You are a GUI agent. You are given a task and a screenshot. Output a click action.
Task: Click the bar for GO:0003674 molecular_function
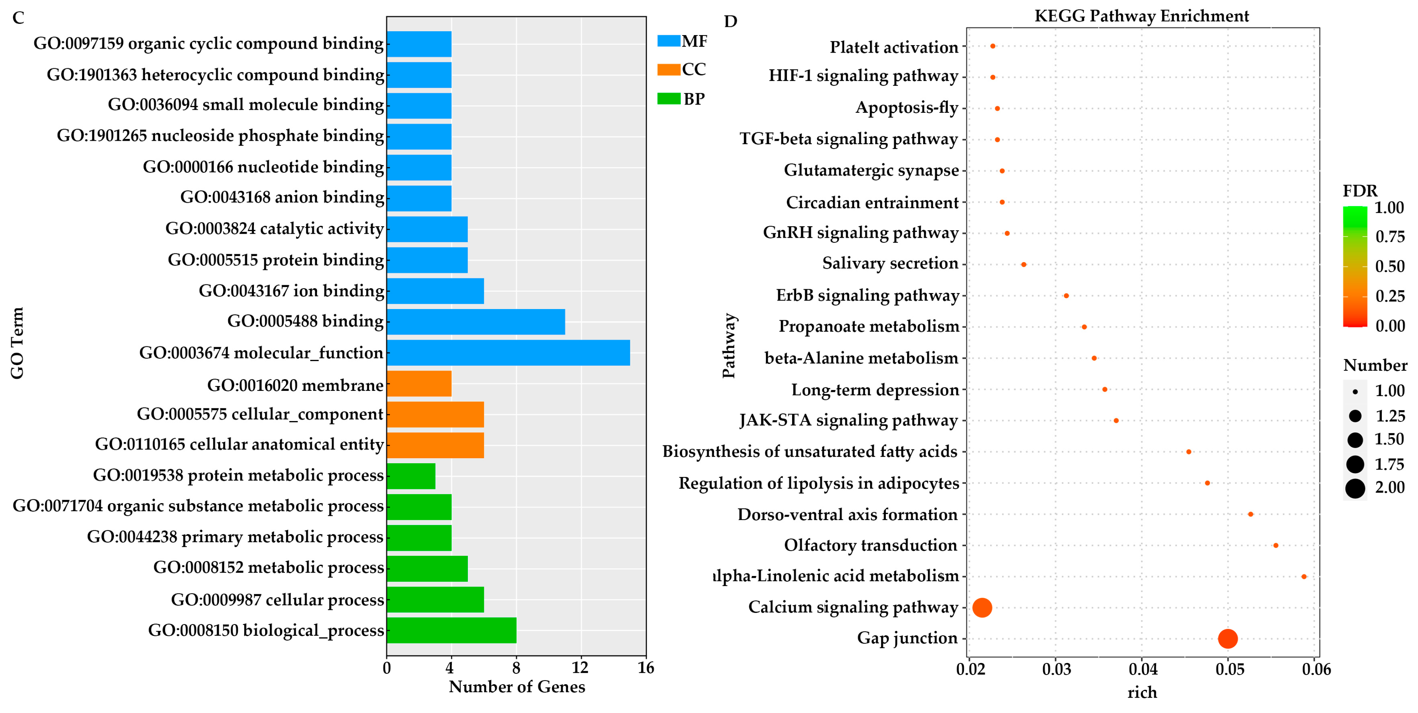tap(508, 353)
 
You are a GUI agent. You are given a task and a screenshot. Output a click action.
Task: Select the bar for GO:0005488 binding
tap(476, 322)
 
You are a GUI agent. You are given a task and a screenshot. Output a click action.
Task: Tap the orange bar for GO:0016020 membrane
tap(419, 383)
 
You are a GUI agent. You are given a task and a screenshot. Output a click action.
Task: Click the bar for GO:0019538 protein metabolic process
tap(411, 476)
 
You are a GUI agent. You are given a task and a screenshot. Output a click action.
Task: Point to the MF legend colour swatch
tap(668, 41)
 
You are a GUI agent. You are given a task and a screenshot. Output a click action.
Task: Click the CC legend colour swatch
tap(668, 69)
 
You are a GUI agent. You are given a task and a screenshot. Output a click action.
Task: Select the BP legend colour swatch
tap(668, 99)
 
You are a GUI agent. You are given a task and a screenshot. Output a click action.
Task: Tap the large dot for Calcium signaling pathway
tap(982, 607)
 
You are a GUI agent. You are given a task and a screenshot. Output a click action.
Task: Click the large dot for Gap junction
tap(1228, 638)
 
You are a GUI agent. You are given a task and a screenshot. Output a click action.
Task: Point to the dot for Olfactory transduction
tap(1275, 545)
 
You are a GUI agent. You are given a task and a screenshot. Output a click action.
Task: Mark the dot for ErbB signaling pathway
tap(1066, 296)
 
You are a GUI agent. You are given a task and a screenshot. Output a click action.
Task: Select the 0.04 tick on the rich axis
tap(1143, 670)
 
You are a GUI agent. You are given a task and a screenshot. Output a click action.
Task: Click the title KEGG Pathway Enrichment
tap(1142, 16)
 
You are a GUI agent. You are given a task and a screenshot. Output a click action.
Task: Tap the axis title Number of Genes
tap(516, 686)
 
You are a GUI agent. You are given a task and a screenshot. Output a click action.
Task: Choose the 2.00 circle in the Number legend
tap(1355, 488)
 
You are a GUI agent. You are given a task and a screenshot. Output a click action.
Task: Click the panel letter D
tap(730, 21)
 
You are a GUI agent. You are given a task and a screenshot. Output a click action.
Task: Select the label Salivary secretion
tap(890, 264)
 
